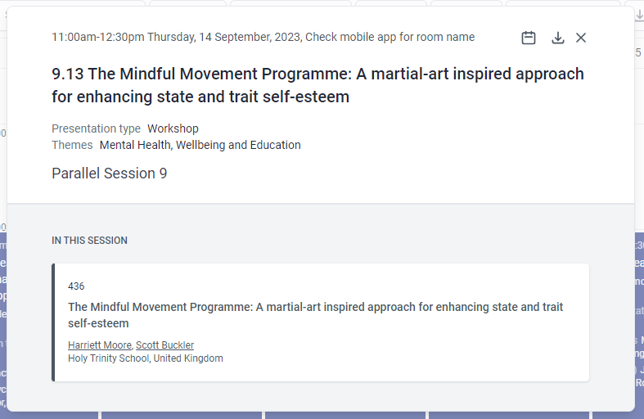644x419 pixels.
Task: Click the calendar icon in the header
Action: click(x=529, y=38)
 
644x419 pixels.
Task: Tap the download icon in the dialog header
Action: click(x=558, y=38)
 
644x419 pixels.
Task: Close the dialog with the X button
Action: click(x=581, y=38)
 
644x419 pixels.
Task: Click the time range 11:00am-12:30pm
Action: click(x=97, y=37)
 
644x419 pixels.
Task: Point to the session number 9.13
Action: click(x=67, y=74)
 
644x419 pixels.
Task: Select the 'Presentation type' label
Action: click(x=96, y=128)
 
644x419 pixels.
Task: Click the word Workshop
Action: click(x=173, y=128)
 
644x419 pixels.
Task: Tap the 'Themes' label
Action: click(x=72, y=145)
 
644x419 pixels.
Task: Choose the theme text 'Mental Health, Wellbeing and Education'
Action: click(x=200, y=145)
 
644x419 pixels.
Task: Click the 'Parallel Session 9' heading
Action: click(x=109, y=173)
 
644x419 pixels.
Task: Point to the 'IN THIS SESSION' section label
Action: click(x=89, y=241)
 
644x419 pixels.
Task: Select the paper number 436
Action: click(x=76, y=286)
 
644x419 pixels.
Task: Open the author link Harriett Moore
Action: click(x=99, y=345)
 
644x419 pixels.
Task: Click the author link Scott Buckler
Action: click(x=164, y=345)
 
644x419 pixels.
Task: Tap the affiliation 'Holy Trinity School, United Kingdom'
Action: click(x=145, y=358)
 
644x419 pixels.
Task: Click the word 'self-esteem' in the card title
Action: click(x=98, y=323)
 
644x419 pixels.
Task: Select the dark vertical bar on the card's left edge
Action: click(x=53, y=322)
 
